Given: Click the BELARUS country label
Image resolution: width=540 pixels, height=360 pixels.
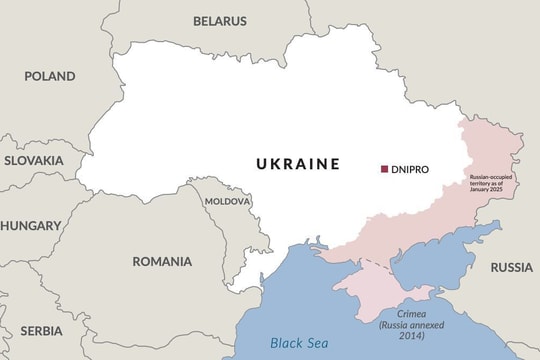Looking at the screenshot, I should [x=220, y=20].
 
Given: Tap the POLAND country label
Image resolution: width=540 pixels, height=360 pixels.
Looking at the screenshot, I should [x=50, y=76].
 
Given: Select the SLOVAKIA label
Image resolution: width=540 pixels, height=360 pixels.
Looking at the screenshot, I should [x=33, y=160].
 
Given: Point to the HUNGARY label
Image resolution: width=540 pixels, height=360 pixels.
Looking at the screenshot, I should [x=30, y=226].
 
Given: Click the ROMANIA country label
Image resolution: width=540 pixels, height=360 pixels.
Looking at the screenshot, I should [x=162, y=261].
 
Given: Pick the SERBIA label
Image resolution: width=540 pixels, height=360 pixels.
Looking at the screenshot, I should [x=41, y=330].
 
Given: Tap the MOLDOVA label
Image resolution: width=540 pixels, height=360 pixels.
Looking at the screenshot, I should [x=227, y=201].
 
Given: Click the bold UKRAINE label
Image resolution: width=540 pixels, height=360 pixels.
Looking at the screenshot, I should [x=297, y=164].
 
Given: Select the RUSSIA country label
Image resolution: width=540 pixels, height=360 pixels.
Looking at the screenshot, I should [x=511, y=267].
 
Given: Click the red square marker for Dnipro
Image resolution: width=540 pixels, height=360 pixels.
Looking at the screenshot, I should [x=384, y=169].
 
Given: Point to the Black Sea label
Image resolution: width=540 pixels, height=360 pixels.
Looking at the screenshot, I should [x=300, y=343].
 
